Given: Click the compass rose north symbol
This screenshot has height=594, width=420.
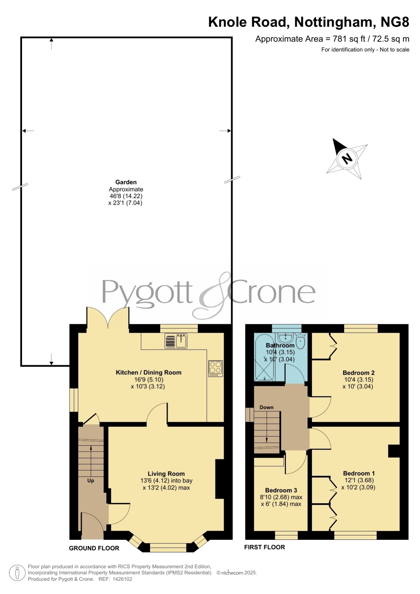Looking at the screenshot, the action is (347, 158).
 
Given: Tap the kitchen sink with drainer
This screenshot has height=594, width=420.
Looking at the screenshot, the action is (176, 341).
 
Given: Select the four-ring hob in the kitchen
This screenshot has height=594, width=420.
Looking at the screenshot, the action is (216, 368).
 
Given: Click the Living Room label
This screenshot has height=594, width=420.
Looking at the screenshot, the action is (166, 474).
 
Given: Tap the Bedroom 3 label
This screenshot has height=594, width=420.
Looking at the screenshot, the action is (281, 490).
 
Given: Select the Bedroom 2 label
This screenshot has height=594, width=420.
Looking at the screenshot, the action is (358, 373).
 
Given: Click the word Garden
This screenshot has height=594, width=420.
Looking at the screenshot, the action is (126, 182).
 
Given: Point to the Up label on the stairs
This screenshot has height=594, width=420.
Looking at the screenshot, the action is (91, 481).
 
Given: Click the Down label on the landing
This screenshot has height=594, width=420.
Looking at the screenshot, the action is (266, 407).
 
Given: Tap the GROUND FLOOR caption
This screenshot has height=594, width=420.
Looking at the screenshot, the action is (94, 548).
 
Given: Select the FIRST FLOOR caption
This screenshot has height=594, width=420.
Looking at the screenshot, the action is (265, 547).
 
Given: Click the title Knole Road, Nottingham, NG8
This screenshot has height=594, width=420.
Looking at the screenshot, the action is (309, 22).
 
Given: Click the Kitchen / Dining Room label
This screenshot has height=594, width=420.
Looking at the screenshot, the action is (149, 372).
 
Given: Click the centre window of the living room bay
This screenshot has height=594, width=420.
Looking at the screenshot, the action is (168, 547).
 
